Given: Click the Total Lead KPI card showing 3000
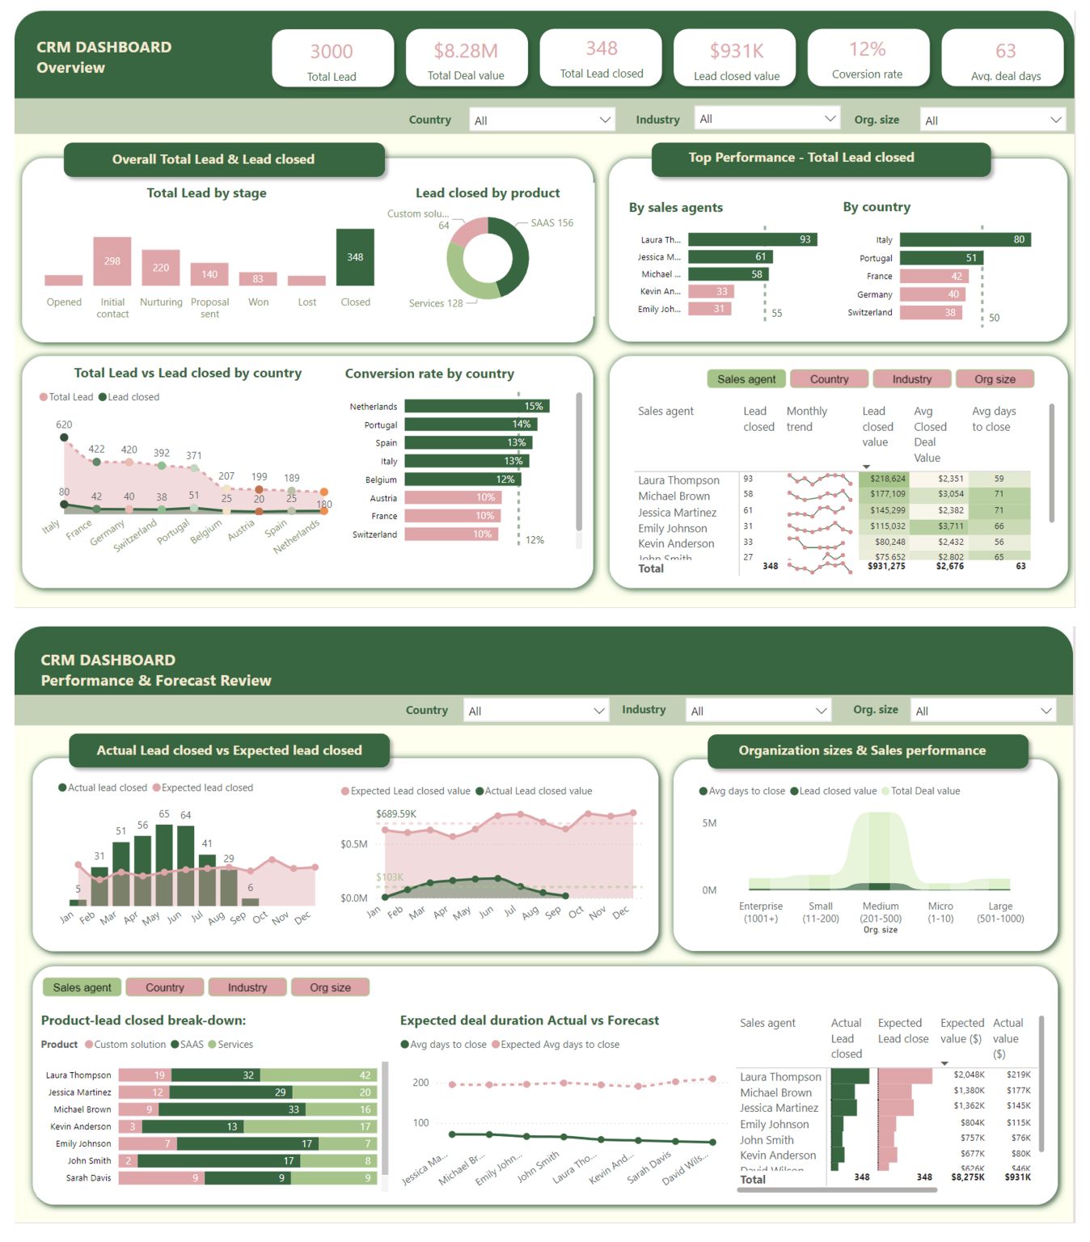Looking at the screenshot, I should click(x=332, y=57).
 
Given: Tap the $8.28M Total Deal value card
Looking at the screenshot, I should click(x=466, y=57).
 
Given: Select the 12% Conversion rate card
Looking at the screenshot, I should click(x=867, y=57).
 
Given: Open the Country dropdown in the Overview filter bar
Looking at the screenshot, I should click(x=542, y=120).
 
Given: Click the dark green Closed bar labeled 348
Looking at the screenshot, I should click(x=355, y=257).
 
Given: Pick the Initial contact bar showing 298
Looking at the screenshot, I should click(x=112, y=261).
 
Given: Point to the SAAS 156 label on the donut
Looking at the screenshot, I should click(x=551, y=223).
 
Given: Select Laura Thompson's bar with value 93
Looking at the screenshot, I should click(x=752, y=239).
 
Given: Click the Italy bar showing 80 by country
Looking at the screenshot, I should click(x=965, y=239).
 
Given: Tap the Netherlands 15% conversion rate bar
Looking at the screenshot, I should click(x=476, y=406).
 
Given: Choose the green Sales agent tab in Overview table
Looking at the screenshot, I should click(x=746, y=379).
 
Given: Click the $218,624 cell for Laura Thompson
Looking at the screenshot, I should click(x=887, y=479).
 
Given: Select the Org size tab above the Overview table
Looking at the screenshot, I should click(x=994, y=379).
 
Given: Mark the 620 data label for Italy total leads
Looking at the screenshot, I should click(x=64, y=425).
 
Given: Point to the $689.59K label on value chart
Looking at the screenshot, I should click(x=396, y=813).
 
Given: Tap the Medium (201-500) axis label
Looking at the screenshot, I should click(x=880, y=912).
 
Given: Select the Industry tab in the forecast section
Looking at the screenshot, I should click(x=247, y=987).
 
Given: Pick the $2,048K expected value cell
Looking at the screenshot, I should click(x=968, y=1075).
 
